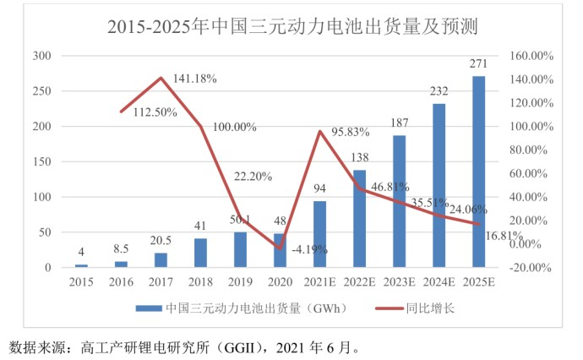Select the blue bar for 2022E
[359, 219]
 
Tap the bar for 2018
[200, 253]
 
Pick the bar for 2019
[240, 249]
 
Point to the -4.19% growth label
[309, 249]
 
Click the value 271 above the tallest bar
[478, 66]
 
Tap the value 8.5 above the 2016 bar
[120, 249]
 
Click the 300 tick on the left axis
[41, 56]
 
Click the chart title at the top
[292, 26]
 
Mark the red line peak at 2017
[161, 79]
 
